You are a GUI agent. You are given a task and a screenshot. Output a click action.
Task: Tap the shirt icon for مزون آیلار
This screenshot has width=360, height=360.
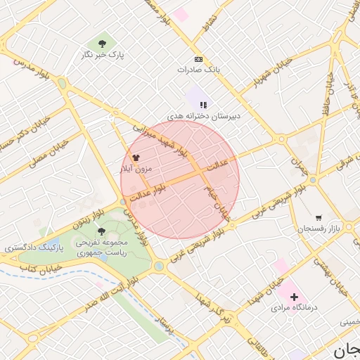click(136, 158)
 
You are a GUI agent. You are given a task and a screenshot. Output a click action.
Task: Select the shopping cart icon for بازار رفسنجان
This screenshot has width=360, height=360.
click(319, 219)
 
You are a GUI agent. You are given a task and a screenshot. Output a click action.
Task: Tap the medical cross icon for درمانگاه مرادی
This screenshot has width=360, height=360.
click(293, 297)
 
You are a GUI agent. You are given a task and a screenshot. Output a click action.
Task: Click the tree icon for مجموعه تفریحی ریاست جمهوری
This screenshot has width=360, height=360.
click(102, 231)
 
